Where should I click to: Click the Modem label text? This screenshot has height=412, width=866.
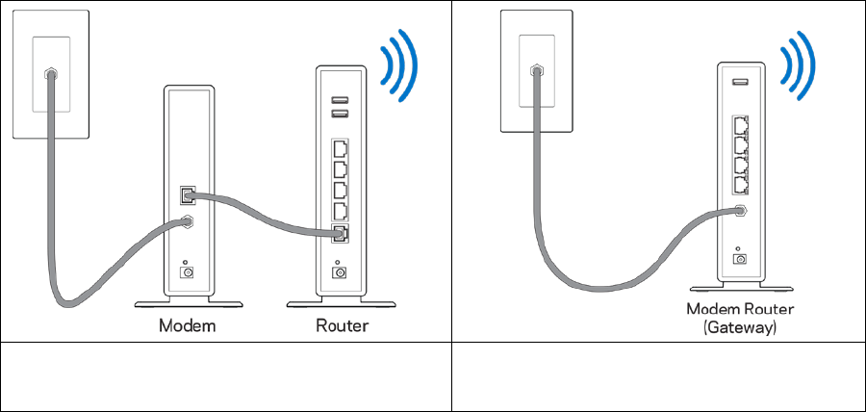(187, 325)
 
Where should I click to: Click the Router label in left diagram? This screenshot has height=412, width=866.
(342, 325)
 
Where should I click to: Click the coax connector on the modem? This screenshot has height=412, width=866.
(186, 222)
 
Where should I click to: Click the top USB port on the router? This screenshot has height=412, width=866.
(339, 99)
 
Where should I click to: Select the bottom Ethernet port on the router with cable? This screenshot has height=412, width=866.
(340, 234)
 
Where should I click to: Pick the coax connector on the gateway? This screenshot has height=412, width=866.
(739, 210)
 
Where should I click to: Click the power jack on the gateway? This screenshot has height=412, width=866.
(739, 258)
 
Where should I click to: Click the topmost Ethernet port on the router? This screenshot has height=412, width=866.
(340, 150)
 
